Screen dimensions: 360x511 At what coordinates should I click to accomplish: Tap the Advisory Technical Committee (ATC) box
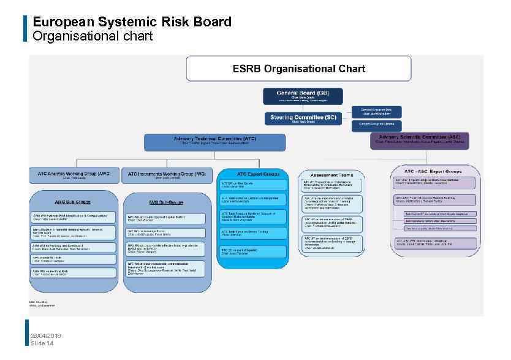click(x=214, y=142)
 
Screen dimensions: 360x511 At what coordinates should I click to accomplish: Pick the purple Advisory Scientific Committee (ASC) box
click(x=420, y=140)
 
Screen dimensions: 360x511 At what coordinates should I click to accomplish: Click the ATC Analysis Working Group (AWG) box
click(x=74, y=175)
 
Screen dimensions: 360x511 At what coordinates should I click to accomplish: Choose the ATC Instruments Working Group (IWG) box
click(x=167, y=175)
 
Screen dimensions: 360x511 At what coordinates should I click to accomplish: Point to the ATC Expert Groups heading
click(x=254, y=174)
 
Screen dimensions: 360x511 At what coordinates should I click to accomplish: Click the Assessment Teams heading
click(x=331, y=175)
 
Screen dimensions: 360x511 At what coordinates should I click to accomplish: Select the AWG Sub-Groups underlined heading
click(x=73, y=201)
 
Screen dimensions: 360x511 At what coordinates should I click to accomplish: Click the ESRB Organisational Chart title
click(x=298, y=69)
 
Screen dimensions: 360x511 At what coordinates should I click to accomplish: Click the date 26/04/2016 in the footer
click(x=46, y=335)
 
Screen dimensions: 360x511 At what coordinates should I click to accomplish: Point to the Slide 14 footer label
click(x=42, y=343)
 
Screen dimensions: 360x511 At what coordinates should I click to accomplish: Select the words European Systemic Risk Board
click(x=132, y=22)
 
